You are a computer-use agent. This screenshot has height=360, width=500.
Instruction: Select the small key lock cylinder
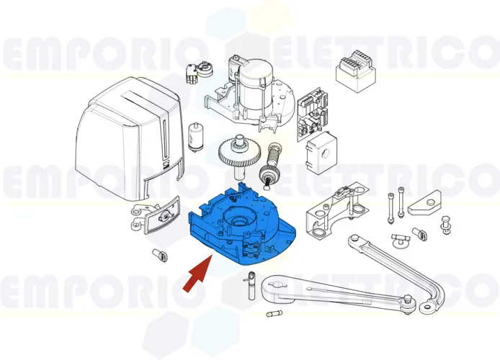pyautogui.click(x=197, y=71)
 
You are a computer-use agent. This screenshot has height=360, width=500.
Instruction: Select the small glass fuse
pyautogui.click(x=275, y=315)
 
